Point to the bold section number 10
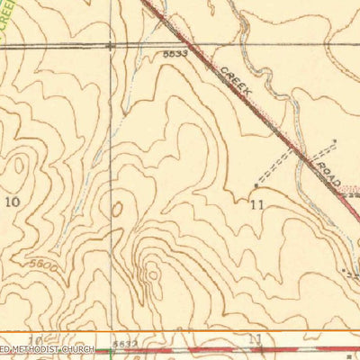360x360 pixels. (x=13, y=202)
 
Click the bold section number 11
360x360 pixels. (x=257, y=204)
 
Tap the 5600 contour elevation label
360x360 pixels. (x=42, y=266)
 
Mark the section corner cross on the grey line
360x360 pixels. (x=110, y=43)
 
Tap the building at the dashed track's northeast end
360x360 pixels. (x=336, y=140)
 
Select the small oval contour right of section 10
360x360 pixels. (x=116, y=210)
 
